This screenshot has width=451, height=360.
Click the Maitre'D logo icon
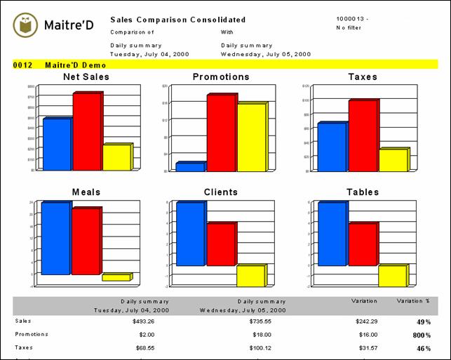click(26, 26)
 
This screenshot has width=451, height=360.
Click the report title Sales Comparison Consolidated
click(178, 20)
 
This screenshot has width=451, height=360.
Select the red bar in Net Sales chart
click(87, 132)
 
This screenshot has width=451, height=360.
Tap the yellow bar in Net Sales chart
click(116, 157)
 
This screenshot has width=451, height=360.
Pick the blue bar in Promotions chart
click(189, 167)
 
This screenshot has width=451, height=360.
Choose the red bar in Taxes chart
click(363, 135)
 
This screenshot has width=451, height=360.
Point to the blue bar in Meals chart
click(55, 239)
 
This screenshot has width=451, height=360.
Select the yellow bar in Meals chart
click(115, 277)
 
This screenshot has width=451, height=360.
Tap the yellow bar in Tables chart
click(392, 276)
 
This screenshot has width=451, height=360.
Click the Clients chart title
click(221, 192)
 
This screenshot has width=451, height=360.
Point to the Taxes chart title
click(363, 76)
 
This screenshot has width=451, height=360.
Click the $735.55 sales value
click(267, 321)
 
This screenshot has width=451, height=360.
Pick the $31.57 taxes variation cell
click(365, 347)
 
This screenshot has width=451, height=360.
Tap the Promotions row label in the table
click(32, 334)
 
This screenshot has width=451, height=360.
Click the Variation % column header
click(413, 300)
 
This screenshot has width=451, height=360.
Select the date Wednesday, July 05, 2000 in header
click(265, 53)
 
